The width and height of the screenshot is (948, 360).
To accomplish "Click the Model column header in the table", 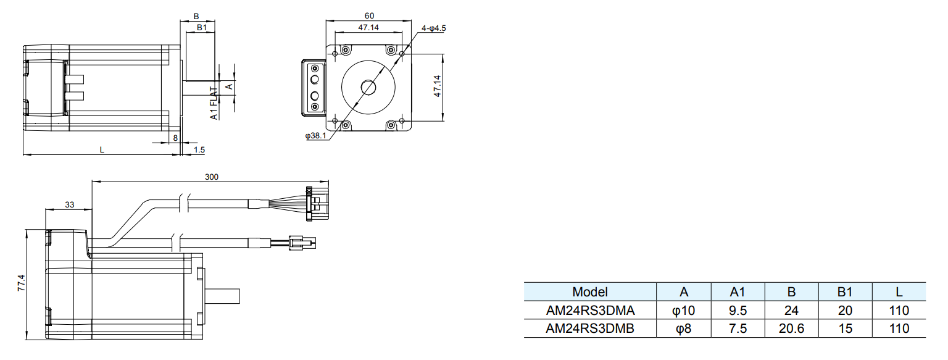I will click(589, 292).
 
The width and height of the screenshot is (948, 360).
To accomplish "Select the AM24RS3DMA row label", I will click(589, 310).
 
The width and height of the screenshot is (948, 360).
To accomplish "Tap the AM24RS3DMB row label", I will click(589, 329).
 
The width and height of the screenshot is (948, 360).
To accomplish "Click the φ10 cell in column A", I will click(683, 310).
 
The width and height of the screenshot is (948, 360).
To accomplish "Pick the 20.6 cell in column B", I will click(791, 329).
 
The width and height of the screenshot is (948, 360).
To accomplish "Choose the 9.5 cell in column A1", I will click(738, 310).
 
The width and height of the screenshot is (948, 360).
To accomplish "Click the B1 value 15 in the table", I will click(846, 329).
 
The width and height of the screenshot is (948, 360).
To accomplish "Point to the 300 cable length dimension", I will click(212, 177).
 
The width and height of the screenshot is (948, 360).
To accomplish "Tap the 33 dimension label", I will click(69, 204).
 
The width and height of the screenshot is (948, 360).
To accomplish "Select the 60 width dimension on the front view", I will click(368, 15).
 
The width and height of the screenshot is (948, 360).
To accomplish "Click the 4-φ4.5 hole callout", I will click(433, 28).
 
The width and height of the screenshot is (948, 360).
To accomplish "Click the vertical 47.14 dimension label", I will click(437, 86).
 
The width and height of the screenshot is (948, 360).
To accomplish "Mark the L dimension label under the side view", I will click(102, 149).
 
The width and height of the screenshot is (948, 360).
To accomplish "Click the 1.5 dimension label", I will click(199, 149).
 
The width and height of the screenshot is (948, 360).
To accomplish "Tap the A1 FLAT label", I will click(214, 103).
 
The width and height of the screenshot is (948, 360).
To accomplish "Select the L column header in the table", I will click(899, 292).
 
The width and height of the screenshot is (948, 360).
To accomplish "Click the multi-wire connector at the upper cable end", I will click(318, 203).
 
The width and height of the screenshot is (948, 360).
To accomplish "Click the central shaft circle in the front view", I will click(369, 87).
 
